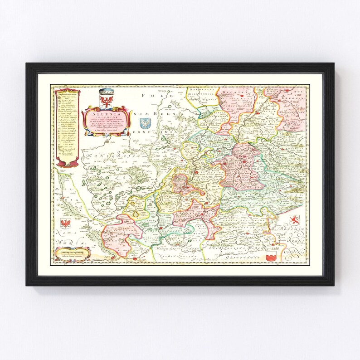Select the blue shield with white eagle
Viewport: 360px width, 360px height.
[146, 124]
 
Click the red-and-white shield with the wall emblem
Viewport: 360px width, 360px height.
[272, 256]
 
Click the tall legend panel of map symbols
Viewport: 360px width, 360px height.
[67, 127]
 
